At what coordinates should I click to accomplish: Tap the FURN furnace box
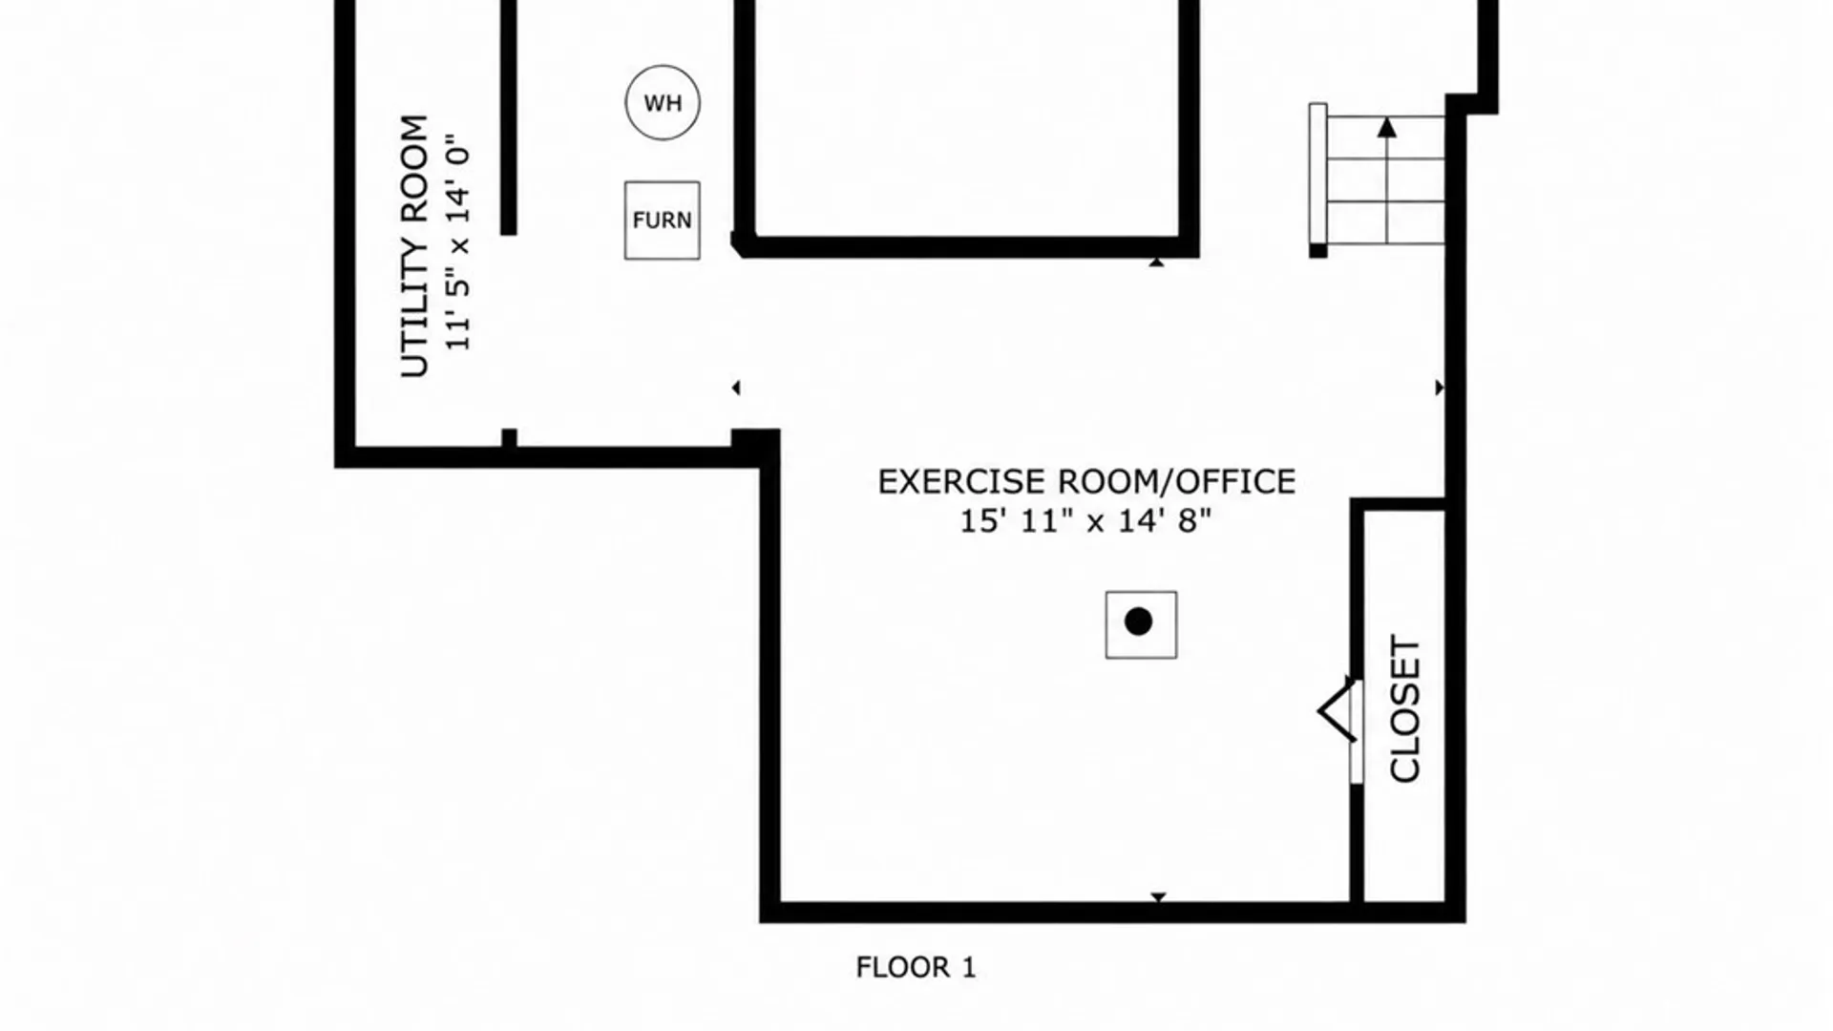[x=663, y=221]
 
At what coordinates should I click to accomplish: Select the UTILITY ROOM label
[x=414, y=246]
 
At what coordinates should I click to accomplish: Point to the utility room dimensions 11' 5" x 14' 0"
[x=459, y=243]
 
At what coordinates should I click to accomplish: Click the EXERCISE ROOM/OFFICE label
[x=1086, y=482]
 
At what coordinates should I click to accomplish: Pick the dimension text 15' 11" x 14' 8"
[x=1085, y=521]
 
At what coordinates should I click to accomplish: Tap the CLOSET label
[x=1405, y=708]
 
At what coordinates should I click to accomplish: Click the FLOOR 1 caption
[x=916, y=968]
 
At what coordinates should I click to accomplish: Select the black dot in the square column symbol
[x=1138, y=622]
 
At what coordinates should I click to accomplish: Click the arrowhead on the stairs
[x=1387, y=127]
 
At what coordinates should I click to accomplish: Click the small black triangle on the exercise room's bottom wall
[x=1158, y=897]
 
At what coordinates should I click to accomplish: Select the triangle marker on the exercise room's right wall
[x=1440, y=388]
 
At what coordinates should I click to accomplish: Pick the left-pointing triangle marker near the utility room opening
[x=735, y=388]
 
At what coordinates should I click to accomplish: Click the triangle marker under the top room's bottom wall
[x=1156, y=262]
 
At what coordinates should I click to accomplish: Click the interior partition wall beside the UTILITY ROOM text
[x=509, y=117]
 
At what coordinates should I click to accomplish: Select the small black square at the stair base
[x=1317, y=251]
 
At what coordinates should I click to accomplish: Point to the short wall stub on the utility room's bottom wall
[x=509, y=438]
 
